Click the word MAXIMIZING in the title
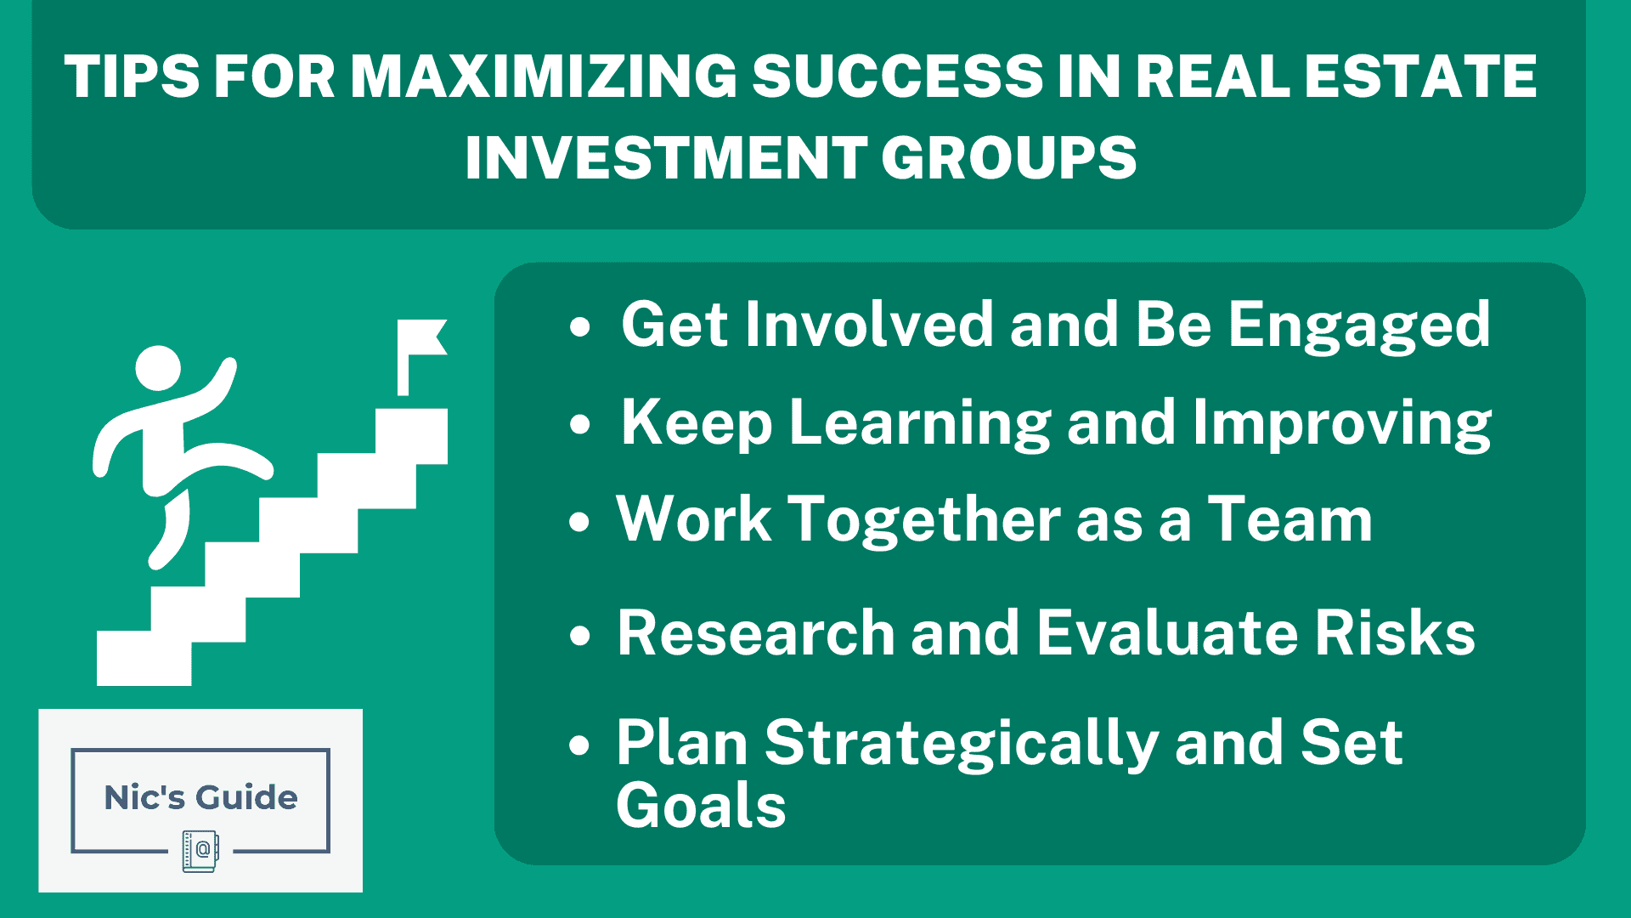(x=544, y=76)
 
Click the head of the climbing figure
(x=159, y=368)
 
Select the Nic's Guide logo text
(x=200, y=797)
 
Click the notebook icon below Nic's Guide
(x=200, y=851)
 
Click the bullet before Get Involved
(x=580, y=327)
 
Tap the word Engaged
(x=1359, y=326)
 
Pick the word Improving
(x=1342, y=422)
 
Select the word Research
(x=756, y=633)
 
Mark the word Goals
(x=701, y=806)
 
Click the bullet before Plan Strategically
(x=580, y=745)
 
